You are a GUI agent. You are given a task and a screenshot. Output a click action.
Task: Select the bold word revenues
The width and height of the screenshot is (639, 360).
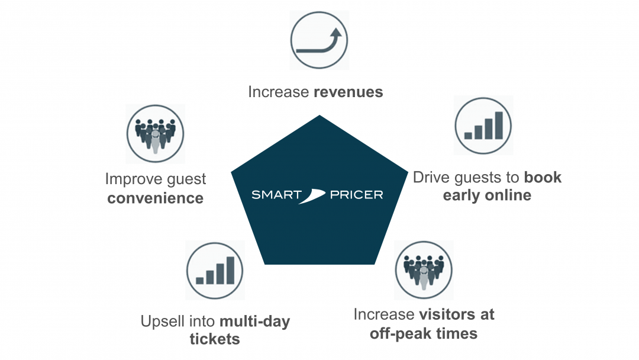pos(348,92)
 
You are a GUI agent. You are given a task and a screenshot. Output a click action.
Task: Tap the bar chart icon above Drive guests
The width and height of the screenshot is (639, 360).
pos(483,126)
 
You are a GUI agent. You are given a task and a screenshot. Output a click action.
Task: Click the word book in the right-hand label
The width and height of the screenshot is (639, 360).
pos(543,178)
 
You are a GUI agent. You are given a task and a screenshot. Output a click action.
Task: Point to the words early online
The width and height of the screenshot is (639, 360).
pos(487,195)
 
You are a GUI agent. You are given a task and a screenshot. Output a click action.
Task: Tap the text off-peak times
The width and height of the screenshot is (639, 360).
pos(424,333)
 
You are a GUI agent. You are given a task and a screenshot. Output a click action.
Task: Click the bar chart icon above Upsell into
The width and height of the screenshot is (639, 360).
pos(215,271)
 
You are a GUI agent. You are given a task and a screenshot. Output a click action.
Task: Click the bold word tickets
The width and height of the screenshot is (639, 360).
pos(215,339)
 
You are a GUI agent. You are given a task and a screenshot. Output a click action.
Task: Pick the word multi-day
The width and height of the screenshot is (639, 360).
pos(255,322)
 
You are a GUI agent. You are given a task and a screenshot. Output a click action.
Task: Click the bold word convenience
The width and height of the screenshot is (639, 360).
pos(156,198)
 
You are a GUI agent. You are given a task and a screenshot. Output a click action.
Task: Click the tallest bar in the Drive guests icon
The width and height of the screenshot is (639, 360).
pos(498,125)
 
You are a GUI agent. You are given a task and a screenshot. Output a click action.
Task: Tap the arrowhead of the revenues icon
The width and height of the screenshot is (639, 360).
pos(336,36)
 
